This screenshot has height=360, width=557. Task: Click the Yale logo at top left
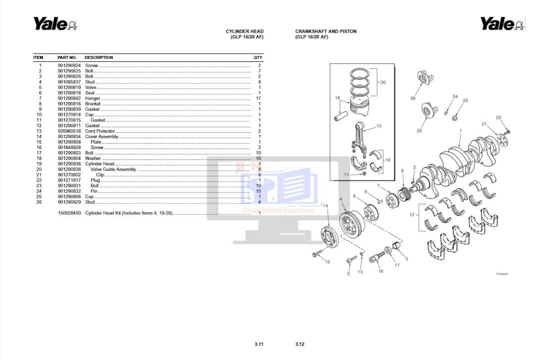click(x=55, y=24)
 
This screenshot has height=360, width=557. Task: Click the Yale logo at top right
click(x=502, y=24)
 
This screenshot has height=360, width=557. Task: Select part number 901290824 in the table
click(x=69, y=65)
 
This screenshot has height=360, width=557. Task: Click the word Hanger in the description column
click(x=93, y=98)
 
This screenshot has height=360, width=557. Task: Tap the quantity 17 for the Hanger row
click(x=258, y=98)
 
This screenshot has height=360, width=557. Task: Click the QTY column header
click(x=258, y=57)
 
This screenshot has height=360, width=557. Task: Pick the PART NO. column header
click(x=67, y=57)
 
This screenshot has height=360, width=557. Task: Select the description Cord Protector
click(x=100, y=131)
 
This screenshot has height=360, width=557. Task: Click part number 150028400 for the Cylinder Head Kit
click(x=69, y=213)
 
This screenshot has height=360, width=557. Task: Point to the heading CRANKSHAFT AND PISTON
click(x=326, y=31)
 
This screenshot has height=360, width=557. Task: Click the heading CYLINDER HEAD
click(x=245, y=31)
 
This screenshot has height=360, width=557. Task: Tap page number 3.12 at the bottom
click(x=300, y=344)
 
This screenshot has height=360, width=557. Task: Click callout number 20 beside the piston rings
click(x=383, y=83)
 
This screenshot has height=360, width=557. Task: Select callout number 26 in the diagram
click(x=412, y=99)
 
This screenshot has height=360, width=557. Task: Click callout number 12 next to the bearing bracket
click(x=411, y=214)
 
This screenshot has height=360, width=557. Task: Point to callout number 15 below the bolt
click(x=327, y=262)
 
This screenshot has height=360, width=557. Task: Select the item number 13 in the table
click(x=40, y=131)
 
